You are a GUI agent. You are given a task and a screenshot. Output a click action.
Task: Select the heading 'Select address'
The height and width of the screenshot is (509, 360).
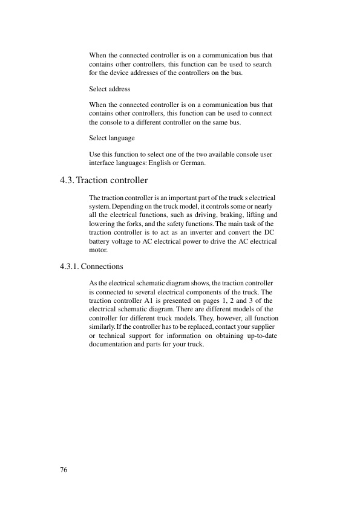coord(110,89)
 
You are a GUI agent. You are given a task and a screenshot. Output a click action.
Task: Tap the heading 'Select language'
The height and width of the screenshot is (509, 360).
coord(112,138)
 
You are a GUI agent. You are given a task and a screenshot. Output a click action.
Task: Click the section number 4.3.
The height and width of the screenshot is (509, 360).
coord(67,180)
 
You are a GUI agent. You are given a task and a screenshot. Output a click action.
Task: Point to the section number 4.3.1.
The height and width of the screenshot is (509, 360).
coord(70,265)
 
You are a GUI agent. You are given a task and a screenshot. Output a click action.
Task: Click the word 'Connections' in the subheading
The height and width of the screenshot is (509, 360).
coord(102,265)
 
